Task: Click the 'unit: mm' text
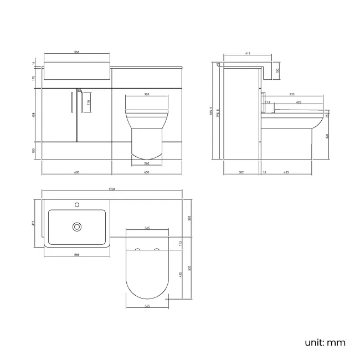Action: [324, 342]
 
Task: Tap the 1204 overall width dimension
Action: [112, 189]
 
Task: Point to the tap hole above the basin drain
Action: [78, 205]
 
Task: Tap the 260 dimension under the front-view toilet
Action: [146, 163]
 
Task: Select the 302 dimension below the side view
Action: [241, 172]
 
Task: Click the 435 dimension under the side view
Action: [286, 172]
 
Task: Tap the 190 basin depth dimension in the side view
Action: [277, 70]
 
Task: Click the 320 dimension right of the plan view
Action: [189, 218]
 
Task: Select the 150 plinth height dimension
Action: [34, 151]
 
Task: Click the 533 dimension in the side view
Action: [291, 95]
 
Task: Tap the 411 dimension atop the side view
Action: [247, 53]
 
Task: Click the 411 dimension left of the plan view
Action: [34, 223]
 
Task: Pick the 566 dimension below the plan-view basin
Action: [76, 255]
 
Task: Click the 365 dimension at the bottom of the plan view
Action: [146, 306]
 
